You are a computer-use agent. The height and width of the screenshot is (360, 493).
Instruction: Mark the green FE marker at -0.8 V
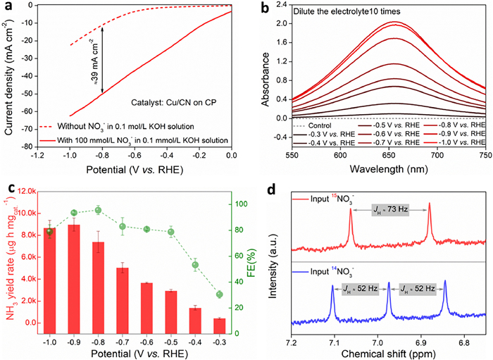tap(98, 210)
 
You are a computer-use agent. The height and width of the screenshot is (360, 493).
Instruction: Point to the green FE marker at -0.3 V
tap(220, 294)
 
